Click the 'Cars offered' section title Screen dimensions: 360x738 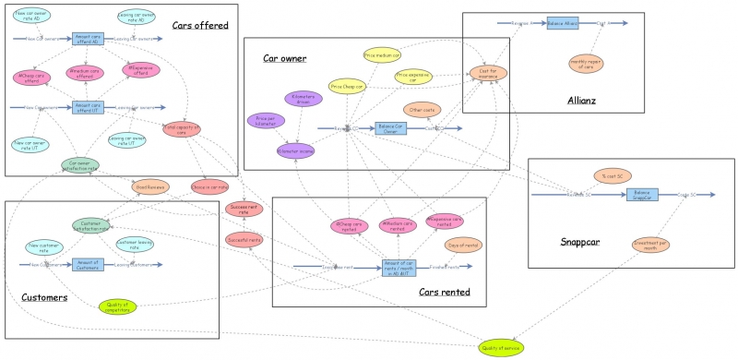pyautogui.click(x=199, y=25)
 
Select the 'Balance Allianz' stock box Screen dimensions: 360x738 pyautogui.click(x=562, y=23)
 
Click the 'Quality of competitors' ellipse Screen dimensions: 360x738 pyautogui.click(x=117, y=306)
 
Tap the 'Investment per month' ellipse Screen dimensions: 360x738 pyautogui.click(x=650, y=245)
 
